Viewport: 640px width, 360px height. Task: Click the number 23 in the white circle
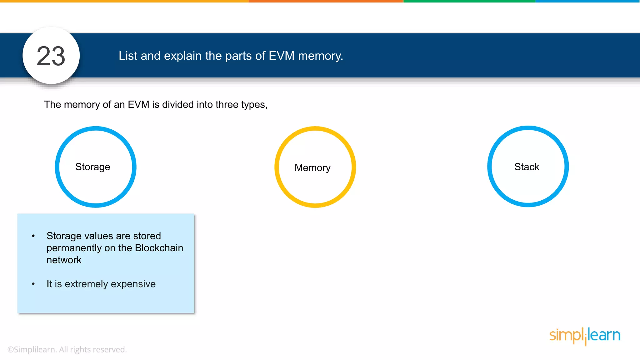(51, 56)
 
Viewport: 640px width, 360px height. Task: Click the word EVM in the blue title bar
(281, 56)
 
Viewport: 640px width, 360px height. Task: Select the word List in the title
(128, 56)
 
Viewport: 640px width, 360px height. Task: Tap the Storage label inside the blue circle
(93, 167)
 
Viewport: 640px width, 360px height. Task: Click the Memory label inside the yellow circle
(312, 168)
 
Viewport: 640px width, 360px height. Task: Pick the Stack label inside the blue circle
(527, 167)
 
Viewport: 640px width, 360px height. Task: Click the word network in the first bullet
(64, 260)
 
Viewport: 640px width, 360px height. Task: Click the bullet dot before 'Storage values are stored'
(33, 236)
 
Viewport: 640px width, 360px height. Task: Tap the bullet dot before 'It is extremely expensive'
(33, 284)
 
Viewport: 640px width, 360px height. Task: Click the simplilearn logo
(585, 336)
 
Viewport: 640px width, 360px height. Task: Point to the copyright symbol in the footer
(11, 350)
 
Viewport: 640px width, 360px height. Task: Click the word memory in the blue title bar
(320, 56)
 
